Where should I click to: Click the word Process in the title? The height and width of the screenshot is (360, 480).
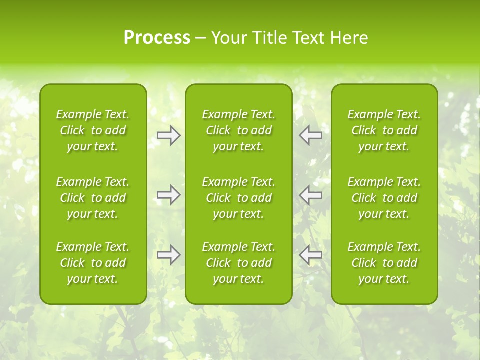[157, 38]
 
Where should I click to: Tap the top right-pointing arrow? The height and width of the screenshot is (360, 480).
[169, 135]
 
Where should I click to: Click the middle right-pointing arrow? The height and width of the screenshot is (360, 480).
[169, 195]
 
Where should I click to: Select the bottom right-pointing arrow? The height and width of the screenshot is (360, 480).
[169, 255]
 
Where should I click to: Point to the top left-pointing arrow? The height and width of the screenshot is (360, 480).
[311, 135]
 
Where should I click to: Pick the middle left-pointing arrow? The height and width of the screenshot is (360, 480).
[311, 195]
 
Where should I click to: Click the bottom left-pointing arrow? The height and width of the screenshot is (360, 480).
[311, 255]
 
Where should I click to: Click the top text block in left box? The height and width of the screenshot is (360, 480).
[93, 130]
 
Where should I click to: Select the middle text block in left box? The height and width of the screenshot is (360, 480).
[93, 198]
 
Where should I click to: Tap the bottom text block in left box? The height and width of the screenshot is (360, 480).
[93, 263]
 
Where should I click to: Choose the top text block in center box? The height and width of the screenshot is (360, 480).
[239, 130]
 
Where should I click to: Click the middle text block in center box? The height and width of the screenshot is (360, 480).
[239, 198]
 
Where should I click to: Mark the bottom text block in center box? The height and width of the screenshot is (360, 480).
[239, 263]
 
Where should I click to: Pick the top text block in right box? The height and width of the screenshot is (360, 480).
[384, 130]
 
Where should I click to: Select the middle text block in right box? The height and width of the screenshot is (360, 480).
[384, 198]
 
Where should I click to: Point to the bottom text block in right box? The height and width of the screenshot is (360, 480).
[384, 263]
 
